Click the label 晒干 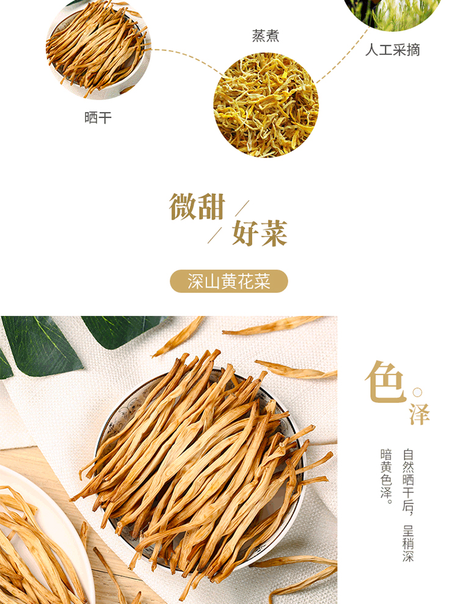(x=98, y=118)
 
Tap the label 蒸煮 (x=265, y=36)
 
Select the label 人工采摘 (x=393, y=50)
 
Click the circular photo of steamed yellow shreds (x=266, y=105)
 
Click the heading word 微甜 (x=197, y=207)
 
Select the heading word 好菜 (x=260, y=233)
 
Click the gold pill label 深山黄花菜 (x=229, y=281)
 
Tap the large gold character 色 (x=386, y=382)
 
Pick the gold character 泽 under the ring (x=420, y=414)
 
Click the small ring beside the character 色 (x=417, y=392)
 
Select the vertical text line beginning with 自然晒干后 (x=409, y=505)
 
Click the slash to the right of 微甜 (x=242, y=208)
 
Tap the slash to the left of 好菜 (x=215, y=235)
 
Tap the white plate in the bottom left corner (x=42, y=536)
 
